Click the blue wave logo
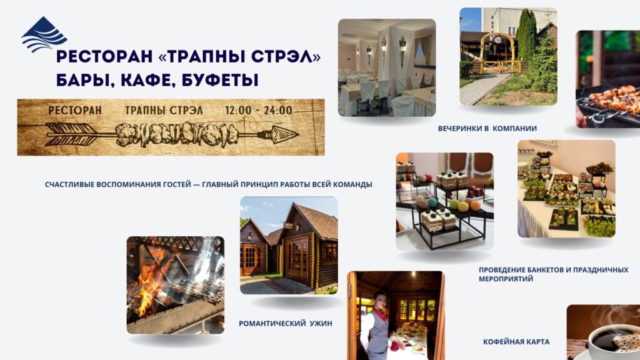(x=44, y=34)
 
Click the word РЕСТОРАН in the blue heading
(x=104, y=57)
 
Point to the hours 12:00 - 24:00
(x=258, y=110)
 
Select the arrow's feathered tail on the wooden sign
(x=71, y=134)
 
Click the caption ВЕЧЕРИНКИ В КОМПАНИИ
(x=487, y=129)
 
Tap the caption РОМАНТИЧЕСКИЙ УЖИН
(x=285, y=323)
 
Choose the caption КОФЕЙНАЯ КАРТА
(x=516, y=342)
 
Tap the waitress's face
(x=379, y=301)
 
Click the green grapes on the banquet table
(x=599, y=225)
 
